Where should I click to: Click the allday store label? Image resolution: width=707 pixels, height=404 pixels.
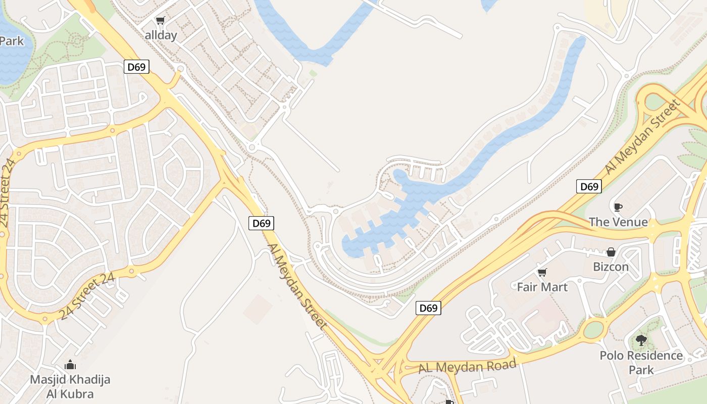click(x=161, y=35)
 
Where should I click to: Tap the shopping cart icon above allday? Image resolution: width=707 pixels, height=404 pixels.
click(x=160, y=21)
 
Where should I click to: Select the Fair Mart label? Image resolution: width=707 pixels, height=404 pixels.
click(x=542, y=287)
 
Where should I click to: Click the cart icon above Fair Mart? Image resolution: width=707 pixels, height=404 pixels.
click(x=542, y=273)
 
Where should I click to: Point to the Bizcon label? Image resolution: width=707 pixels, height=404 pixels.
click(x=611, y=267)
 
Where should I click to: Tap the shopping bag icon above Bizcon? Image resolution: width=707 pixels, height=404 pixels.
click(x=611, y=251)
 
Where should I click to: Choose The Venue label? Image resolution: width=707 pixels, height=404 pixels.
click(x=618, y=222)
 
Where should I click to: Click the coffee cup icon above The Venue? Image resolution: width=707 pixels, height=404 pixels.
click(x=618, y=207)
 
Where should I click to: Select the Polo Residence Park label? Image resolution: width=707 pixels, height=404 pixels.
click(x=641, y=363)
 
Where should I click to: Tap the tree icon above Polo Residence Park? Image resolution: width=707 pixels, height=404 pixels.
click(x=641, y=340)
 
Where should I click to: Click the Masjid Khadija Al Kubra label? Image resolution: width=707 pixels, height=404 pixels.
click(x=70, y=386)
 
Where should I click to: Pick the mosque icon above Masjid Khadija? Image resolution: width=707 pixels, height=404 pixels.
click(x=70, y=364)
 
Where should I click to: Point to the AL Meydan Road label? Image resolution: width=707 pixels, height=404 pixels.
click(x=468, y=366)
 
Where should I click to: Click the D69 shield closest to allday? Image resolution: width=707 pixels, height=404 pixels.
click(x=136, y=67)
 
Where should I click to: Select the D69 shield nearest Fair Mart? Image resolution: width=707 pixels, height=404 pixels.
click(x=428, y=308)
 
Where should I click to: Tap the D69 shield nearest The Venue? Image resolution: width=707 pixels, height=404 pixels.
click(x=589, y=186)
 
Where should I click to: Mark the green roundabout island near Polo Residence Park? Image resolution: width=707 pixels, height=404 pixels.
click(x=594, y=329)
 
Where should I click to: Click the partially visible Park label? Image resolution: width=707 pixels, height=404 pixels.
click(x=12, y=41)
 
